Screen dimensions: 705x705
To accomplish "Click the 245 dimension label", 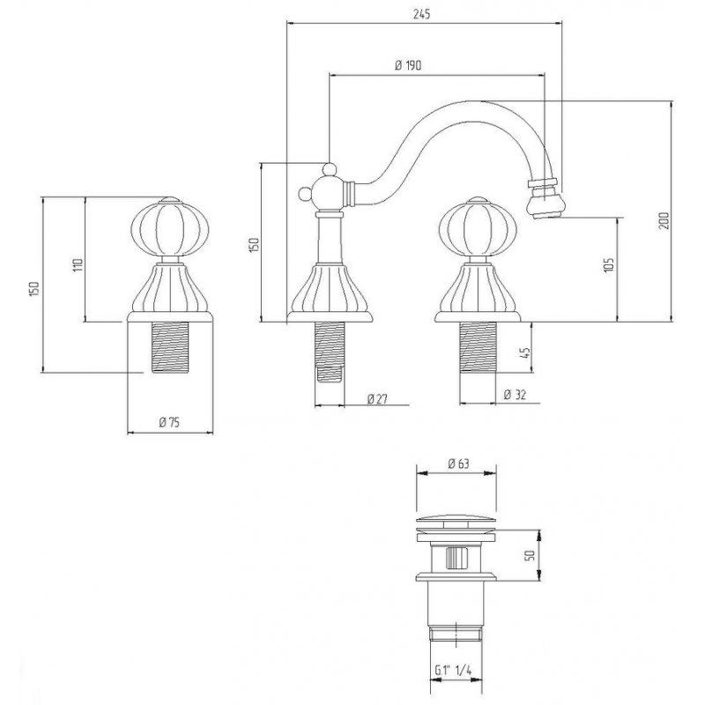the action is click(422, 14).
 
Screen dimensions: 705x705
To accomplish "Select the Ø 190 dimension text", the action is click(408, 65).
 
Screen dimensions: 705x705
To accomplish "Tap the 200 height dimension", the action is click(664, 220).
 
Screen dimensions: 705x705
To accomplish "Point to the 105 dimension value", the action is click(609, 266).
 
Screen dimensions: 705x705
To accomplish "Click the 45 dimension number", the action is click(527, 352).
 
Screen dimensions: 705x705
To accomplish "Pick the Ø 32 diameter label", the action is click(515, 395).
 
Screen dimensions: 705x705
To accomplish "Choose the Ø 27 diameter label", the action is click(377, 398).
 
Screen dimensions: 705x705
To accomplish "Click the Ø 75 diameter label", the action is click(169, 422).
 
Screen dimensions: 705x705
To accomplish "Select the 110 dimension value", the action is click(78, 265).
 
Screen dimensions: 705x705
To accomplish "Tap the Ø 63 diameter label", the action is click(458, 464).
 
